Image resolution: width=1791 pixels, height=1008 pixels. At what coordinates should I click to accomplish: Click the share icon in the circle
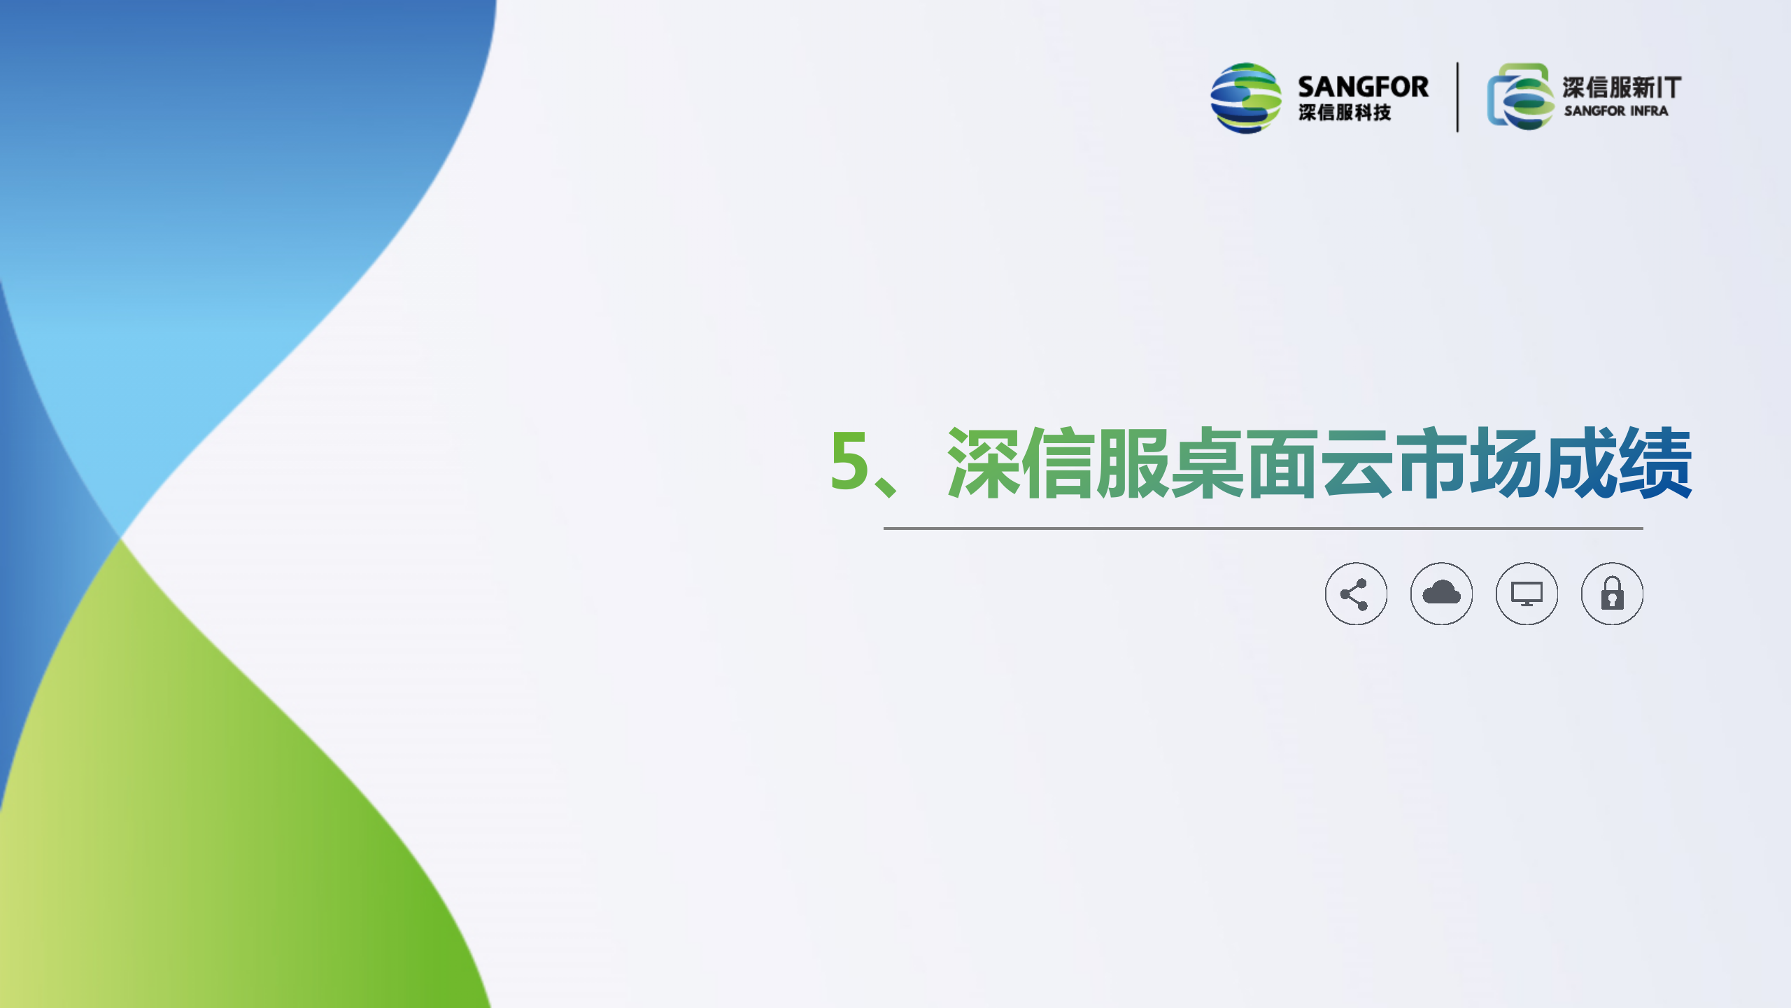tap(1355, 594)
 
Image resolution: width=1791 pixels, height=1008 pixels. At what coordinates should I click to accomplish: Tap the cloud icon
tap(1441, 594)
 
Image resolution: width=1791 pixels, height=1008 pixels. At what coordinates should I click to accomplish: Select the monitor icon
tap(1527, 594)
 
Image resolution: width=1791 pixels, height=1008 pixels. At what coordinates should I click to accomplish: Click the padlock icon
tap(1612, 594)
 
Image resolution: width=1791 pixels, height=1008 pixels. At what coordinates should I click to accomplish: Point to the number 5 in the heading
tap(849, 460)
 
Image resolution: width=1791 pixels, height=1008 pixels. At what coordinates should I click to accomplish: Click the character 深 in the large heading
tap(983, 463)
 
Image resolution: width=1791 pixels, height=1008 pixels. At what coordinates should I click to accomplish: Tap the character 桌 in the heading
tap(1207, 463)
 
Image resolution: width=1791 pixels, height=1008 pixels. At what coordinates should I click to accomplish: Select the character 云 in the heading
tap(1357, 463)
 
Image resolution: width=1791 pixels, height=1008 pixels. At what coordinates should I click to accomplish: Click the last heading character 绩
tap(1655, 463)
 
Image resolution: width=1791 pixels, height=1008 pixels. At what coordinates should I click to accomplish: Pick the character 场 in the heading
tap(1506, 463)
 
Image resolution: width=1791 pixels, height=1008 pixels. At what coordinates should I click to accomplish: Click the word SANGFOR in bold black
tap(1363, 87)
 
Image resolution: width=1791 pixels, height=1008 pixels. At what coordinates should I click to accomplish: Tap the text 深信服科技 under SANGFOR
tap(1345, 112)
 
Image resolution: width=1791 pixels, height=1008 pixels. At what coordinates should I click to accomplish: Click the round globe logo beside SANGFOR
tap(1246, 98)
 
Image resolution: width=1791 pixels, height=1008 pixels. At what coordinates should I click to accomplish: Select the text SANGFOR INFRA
tap(1616, 111)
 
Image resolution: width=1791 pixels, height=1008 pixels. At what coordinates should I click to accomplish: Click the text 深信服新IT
tap(1622, 87)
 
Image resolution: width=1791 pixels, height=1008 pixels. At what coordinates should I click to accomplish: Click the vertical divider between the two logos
tap(1457, 97)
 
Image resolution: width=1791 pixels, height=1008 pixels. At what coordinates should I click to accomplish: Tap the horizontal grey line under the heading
tap(1263, 528)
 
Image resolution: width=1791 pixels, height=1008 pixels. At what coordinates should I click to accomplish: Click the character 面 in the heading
tap(1282, 463)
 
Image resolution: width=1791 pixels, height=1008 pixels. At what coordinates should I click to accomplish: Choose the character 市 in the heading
tap(1431, 463)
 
